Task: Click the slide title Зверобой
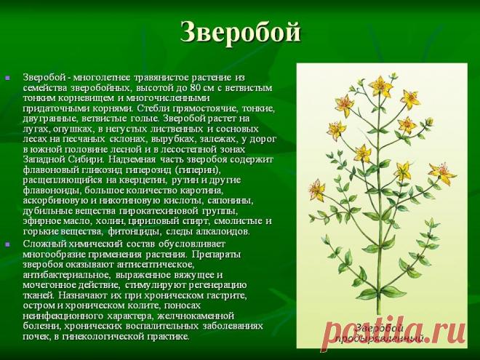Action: [239, 32]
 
